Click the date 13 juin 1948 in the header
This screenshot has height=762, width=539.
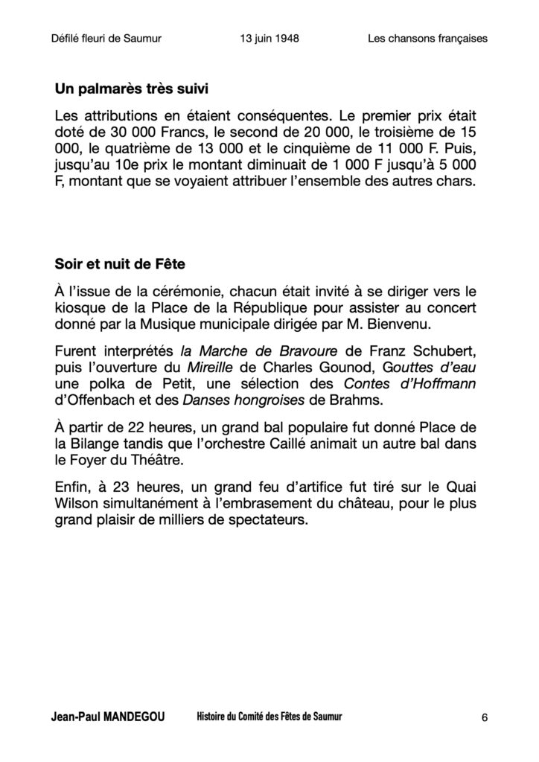pyautogui.click(x=266, y=39)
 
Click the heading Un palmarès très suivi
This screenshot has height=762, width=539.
pyautogui.click(x=131, y=89)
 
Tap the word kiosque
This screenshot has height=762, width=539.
pyautogui.click(x=81, y=307)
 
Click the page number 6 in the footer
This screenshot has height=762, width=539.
pyautogui.click(x=485, y=718)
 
